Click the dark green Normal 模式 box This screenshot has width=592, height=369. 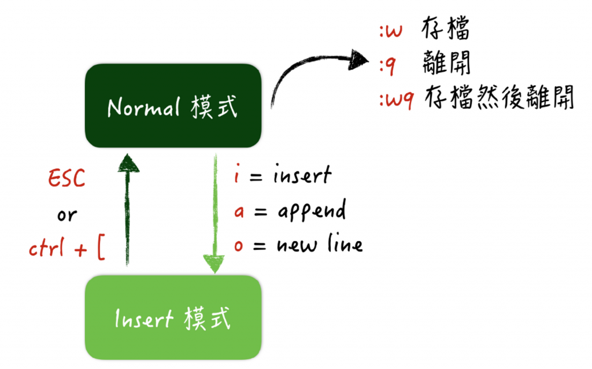[172, 106]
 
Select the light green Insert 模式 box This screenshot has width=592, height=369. [172, 318]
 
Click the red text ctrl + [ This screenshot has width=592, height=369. [66, 250]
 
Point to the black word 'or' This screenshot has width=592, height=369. [66, 215]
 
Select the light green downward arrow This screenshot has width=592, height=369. [214, 264]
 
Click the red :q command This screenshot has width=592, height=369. [388, 65]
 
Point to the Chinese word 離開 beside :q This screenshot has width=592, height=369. [447, 63]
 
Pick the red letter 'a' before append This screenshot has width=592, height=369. [238, 211]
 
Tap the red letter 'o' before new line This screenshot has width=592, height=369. [238, 246]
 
